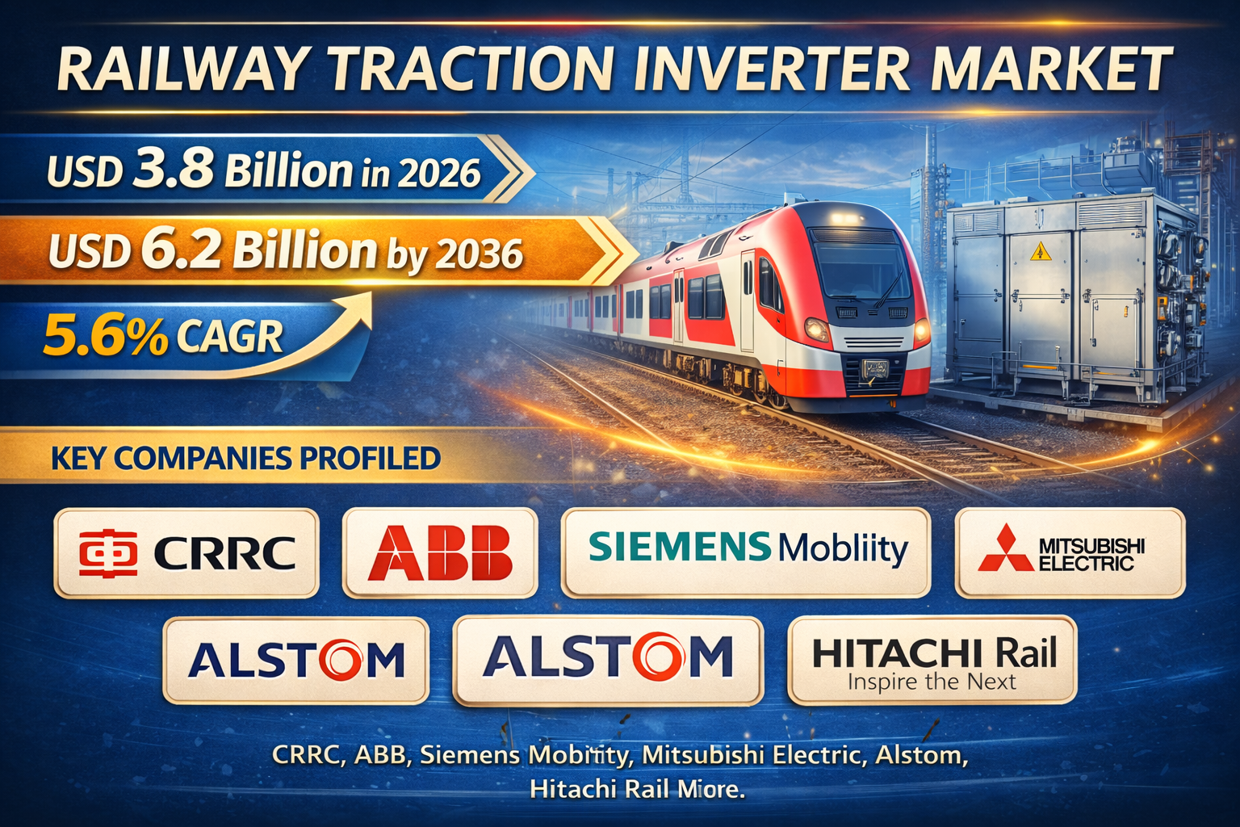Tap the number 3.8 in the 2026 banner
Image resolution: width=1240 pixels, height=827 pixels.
pyautogui.click(x=174, y=170)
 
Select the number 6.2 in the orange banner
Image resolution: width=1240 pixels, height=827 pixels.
pyautogui.click(x=181, y=250)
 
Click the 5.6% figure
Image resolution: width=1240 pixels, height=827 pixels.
pyautogui.click(x=105, y=337)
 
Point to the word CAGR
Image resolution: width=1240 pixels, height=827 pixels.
pyautogui.click(x=229, y=337)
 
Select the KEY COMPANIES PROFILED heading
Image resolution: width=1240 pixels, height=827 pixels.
pyautogui.click(x=245, y=459)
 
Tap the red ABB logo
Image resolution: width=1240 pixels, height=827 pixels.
pyautogui.click(x=440, y=553)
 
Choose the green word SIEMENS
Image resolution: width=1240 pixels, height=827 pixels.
pyautogui.click(x=680, y=547)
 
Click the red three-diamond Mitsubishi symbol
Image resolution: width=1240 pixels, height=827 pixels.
pyautogui.click(x=1005, y=550)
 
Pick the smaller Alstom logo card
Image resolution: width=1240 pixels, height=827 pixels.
pyautogui.click(x=295, y=660)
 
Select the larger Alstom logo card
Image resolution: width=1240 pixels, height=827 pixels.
pyautogui.click(x=608, y=658)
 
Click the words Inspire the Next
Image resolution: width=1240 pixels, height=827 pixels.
pyautogui.click(x=932, y=682)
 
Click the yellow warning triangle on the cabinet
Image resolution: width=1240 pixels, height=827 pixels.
pyautogui.click(x=1038, y=253)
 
